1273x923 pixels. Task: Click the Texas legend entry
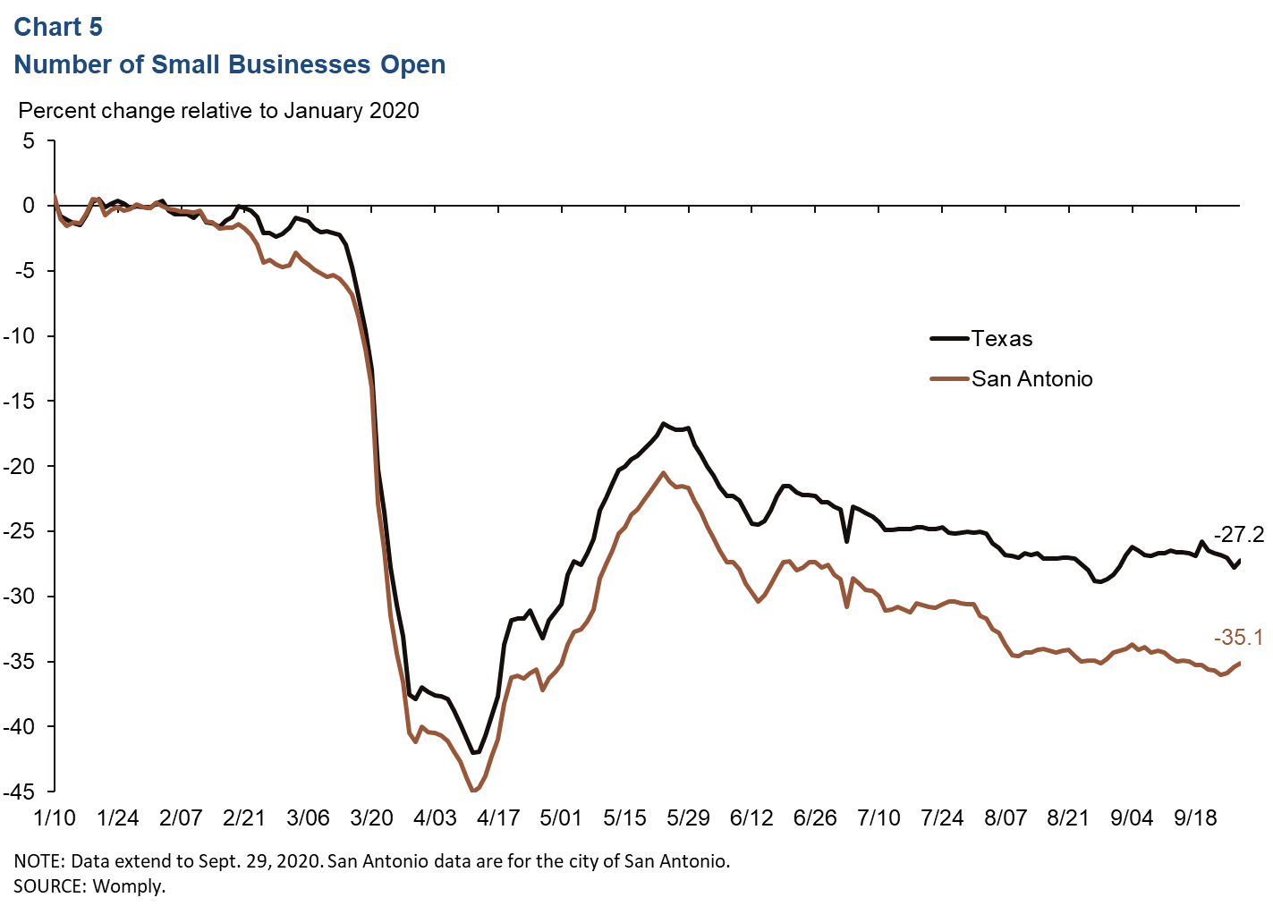tap(1001, 339)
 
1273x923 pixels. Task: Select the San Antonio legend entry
tap(1031, 379)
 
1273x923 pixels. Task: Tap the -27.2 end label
tap(1238, 535)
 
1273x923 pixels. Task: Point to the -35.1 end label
tap(1238, 638)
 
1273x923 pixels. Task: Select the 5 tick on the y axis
tap(30, 141)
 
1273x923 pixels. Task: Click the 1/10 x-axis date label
tap(54, 818)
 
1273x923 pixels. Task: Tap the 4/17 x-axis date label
tap(498, 818)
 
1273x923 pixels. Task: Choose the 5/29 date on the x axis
tap(688, 818)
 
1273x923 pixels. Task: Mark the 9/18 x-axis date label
tap(1195, 818)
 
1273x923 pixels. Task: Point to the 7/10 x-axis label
tap(878, 818)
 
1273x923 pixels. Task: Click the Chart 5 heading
tap(58, 28)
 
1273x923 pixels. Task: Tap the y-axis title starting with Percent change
tap(218, 111)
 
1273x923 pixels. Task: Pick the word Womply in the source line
tap(129, 886)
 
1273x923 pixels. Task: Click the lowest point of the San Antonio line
tap(473, 791)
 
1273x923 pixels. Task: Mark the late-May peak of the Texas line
tap(663, 423)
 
